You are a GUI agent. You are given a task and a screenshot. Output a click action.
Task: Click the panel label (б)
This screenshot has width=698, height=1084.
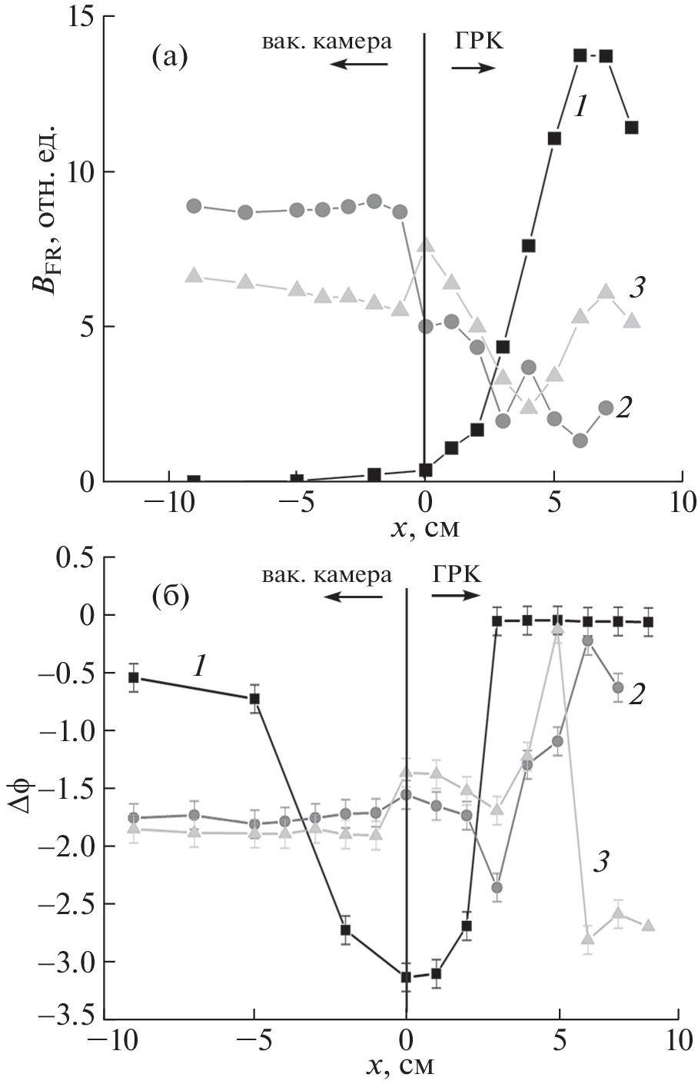click(170, 597)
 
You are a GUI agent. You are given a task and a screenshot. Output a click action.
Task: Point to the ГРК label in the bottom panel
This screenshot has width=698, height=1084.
click(457, 574)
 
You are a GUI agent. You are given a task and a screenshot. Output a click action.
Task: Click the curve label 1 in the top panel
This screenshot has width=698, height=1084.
click(582, 108)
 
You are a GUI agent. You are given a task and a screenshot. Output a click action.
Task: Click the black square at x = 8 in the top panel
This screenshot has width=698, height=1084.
click(631, 128)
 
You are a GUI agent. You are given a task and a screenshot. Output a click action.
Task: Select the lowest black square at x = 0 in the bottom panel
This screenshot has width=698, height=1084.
click(406, 977)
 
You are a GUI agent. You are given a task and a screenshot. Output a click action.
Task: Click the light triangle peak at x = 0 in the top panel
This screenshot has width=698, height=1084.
click(425, 245)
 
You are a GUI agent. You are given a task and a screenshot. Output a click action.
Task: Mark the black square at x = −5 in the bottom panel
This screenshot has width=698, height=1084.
click(254, 699)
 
